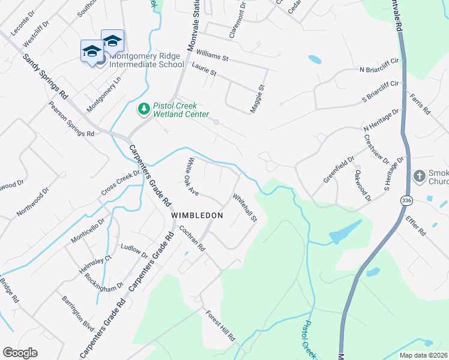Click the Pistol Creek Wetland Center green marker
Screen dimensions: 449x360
pyautogui.click(x=143, y=109)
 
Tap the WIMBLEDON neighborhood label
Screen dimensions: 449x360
pyautogui.click(x=197, y=215)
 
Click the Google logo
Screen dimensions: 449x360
pyautogui.click(x=20, y=353)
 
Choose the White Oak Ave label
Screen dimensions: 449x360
pyautogui.click(x=189, y=176)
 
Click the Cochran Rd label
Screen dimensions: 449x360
pyautogui.click(x=192, y=239)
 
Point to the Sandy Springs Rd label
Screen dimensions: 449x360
pyautogui.click(x=45, y=76)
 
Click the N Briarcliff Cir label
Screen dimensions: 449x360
pyautogui.click(x=379, y=66)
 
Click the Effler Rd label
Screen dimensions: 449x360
pyautogui.click(x=415, y=227)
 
